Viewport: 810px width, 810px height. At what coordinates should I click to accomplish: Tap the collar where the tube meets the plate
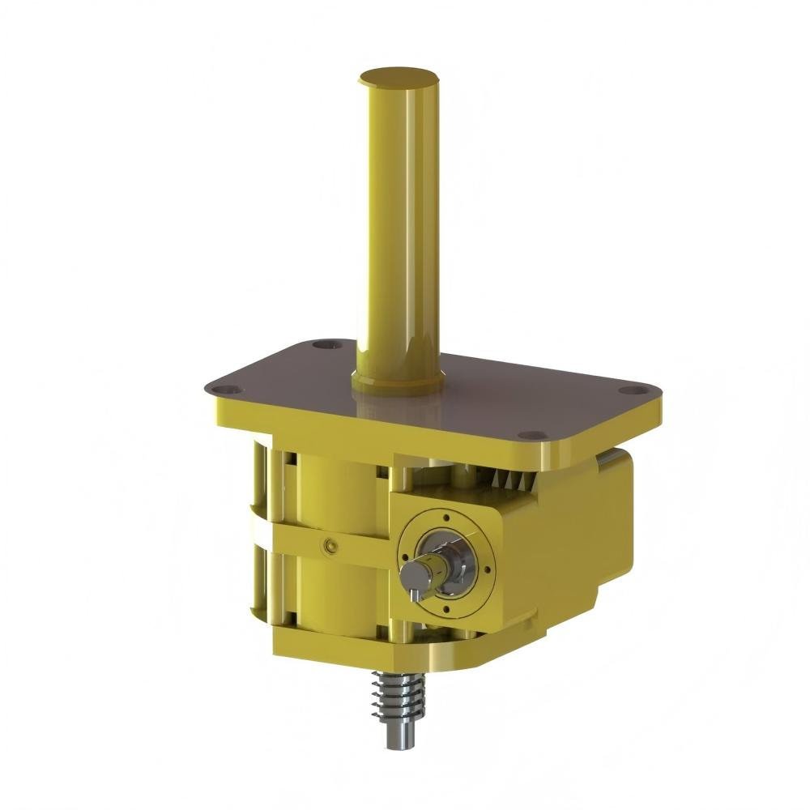pyautogui.click(x=397, y=381)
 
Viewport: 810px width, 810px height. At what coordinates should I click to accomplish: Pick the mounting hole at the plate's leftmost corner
pyautogui.click(x=230, y=389)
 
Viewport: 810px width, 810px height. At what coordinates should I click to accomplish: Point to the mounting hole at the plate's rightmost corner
pyautogui.click(x=629, y=390)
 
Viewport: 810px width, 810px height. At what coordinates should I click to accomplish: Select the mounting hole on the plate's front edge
pyautogui.click(x=530, y=435)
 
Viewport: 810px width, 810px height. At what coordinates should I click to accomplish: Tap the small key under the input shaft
pyautogui.click(x=414, y=595)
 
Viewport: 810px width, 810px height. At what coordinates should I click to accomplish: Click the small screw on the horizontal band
pyautogui.click(x=328, y=547)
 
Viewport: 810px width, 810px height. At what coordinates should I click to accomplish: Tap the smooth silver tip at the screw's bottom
pyautogui.click(x=394, y=737)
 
